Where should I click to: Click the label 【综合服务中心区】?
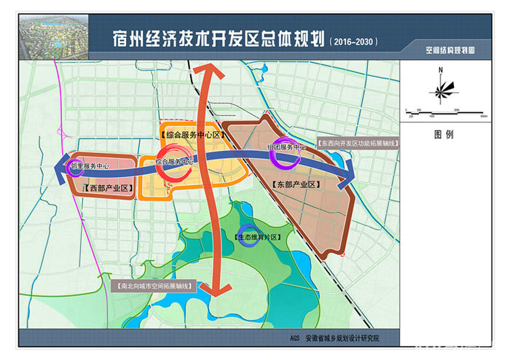(x=185, y=135)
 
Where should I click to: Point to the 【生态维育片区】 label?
(x=260, y=237)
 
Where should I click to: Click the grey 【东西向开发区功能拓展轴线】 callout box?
(x=358, y=144)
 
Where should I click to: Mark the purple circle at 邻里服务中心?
(x=75, y=167)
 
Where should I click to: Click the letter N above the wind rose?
(x=441, y=70)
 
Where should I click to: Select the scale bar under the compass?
(x=444, y=111)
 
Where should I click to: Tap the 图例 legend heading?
(x=443, y=135)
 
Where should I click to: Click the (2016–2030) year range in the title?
(x=354, y=41)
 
